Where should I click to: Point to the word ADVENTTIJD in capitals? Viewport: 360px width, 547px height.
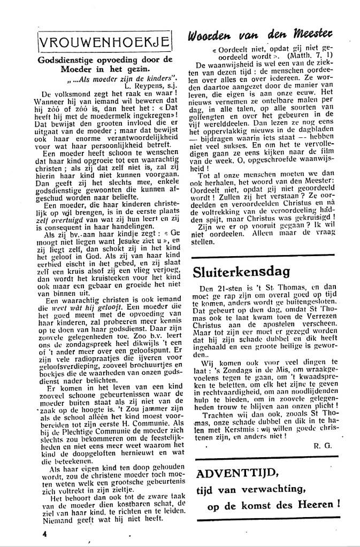(x=232, y=473)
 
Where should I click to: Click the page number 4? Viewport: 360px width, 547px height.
(x=46, y=533)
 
